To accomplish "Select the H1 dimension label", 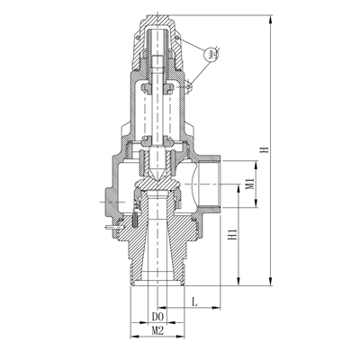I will (232, 236).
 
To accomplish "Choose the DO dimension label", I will (157, 318).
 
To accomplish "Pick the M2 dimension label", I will (157, 332).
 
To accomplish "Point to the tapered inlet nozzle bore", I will (157, 243).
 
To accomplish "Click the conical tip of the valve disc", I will (157, 172).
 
